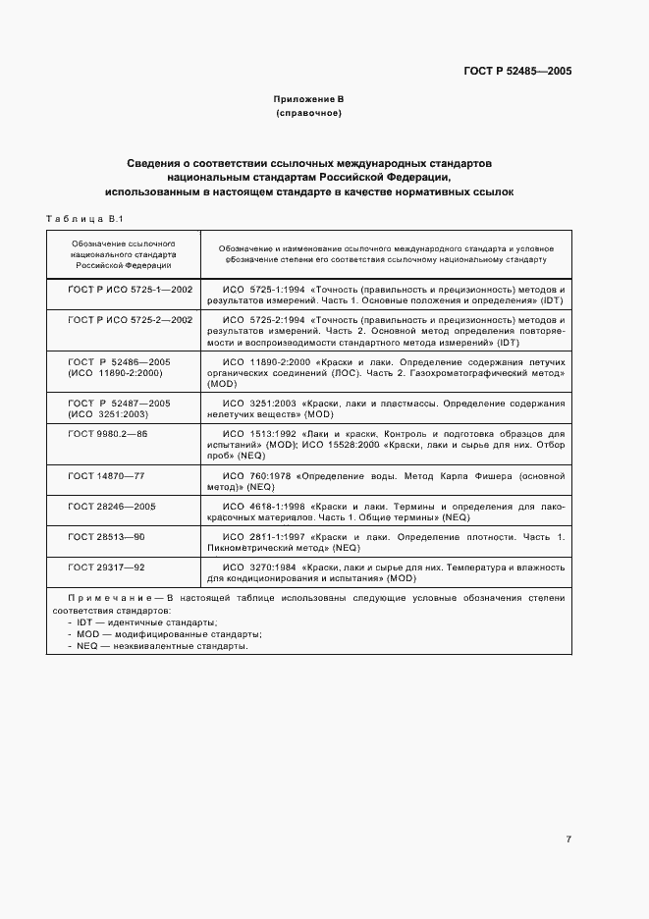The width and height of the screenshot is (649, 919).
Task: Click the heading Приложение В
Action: click(308, 99)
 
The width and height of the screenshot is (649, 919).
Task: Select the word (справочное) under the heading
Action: click(308, 114)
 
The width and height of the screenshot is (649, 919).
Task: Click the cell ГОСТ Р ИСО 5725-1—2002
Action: click(130, 291)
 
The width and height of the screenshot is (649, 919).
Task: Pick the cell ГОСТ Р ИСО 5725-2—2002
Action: click(130, 320)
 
